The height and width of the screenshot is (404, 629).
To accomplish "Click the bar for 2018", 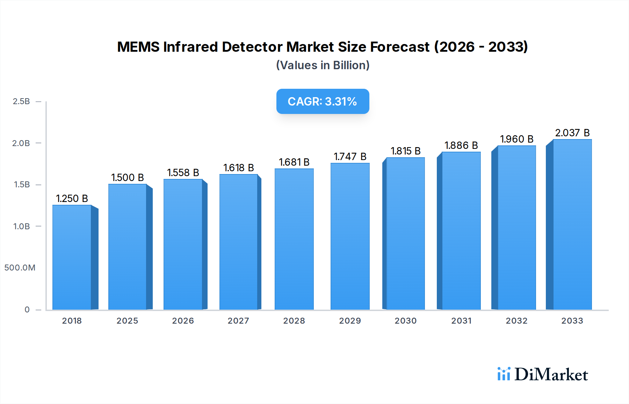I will [x=72, y=257].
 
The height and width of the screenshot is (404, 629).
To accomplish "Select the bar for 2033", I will [x=572, y=224].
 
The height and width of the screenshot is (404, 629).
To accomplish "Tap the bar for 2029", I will [x=350, y=236].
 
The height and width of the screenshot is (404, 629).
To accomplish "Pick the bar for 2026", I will [x=183, y=244].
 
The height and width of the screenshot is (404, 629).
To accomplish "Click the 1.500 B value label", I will [x=128, y=178].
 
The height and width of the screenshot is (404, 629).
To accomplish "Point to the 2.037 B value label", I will [x=572, y=133].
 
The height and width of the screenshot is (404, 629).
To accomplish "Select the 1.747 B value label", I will [x=350, y=157].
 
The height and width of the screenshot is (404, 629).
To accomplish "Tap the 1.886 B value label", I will [x=461, y=145].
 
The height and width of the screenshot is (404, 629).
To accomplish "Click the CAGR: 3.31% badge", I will [x=323, y=101].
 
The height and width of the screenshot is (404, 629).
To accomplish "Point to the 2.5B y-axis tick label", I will [x=21, y=101].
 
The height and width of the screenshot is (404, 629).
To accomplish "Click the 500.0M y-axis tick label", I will [x=20, y=268].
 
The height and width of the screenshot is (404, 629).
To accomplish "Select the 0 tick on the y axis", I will [x=27, y=310].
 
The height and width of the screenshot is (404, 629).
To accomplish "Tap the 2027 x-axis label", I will [x=238, y=321].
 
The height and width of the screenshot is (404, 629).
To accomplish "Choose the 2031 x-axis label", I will [x=461, y=321].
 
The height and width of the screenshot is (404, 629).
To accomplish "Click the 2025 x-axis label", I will [x=127, y=321].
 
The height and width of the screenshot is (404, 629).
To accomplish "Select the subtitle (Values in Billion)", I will [x=323, y=65].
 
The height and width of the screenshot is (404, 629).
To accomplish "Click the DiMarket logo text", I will [x=551, y=375].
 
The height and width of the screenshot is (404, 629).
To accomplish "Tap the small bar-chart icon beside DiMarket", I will [x=504, y=374].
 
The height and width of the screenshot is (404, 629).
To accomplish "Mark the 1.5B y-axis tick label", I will [x=22, y=185].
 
